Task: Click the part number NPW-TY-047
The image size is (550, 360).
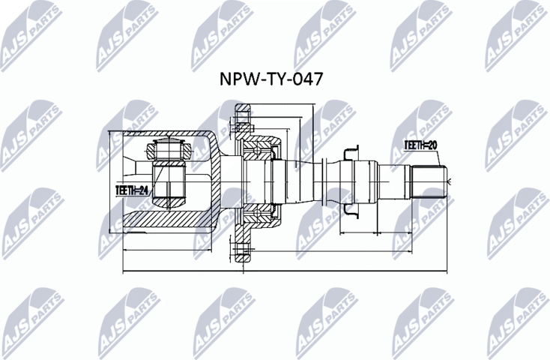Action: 274,79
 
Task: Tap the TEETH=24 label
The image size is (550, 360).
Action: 132,190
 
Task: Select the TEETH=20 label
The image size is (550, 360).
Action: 421,145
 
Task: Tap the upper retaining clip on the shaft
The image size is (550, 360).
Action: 349,153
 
